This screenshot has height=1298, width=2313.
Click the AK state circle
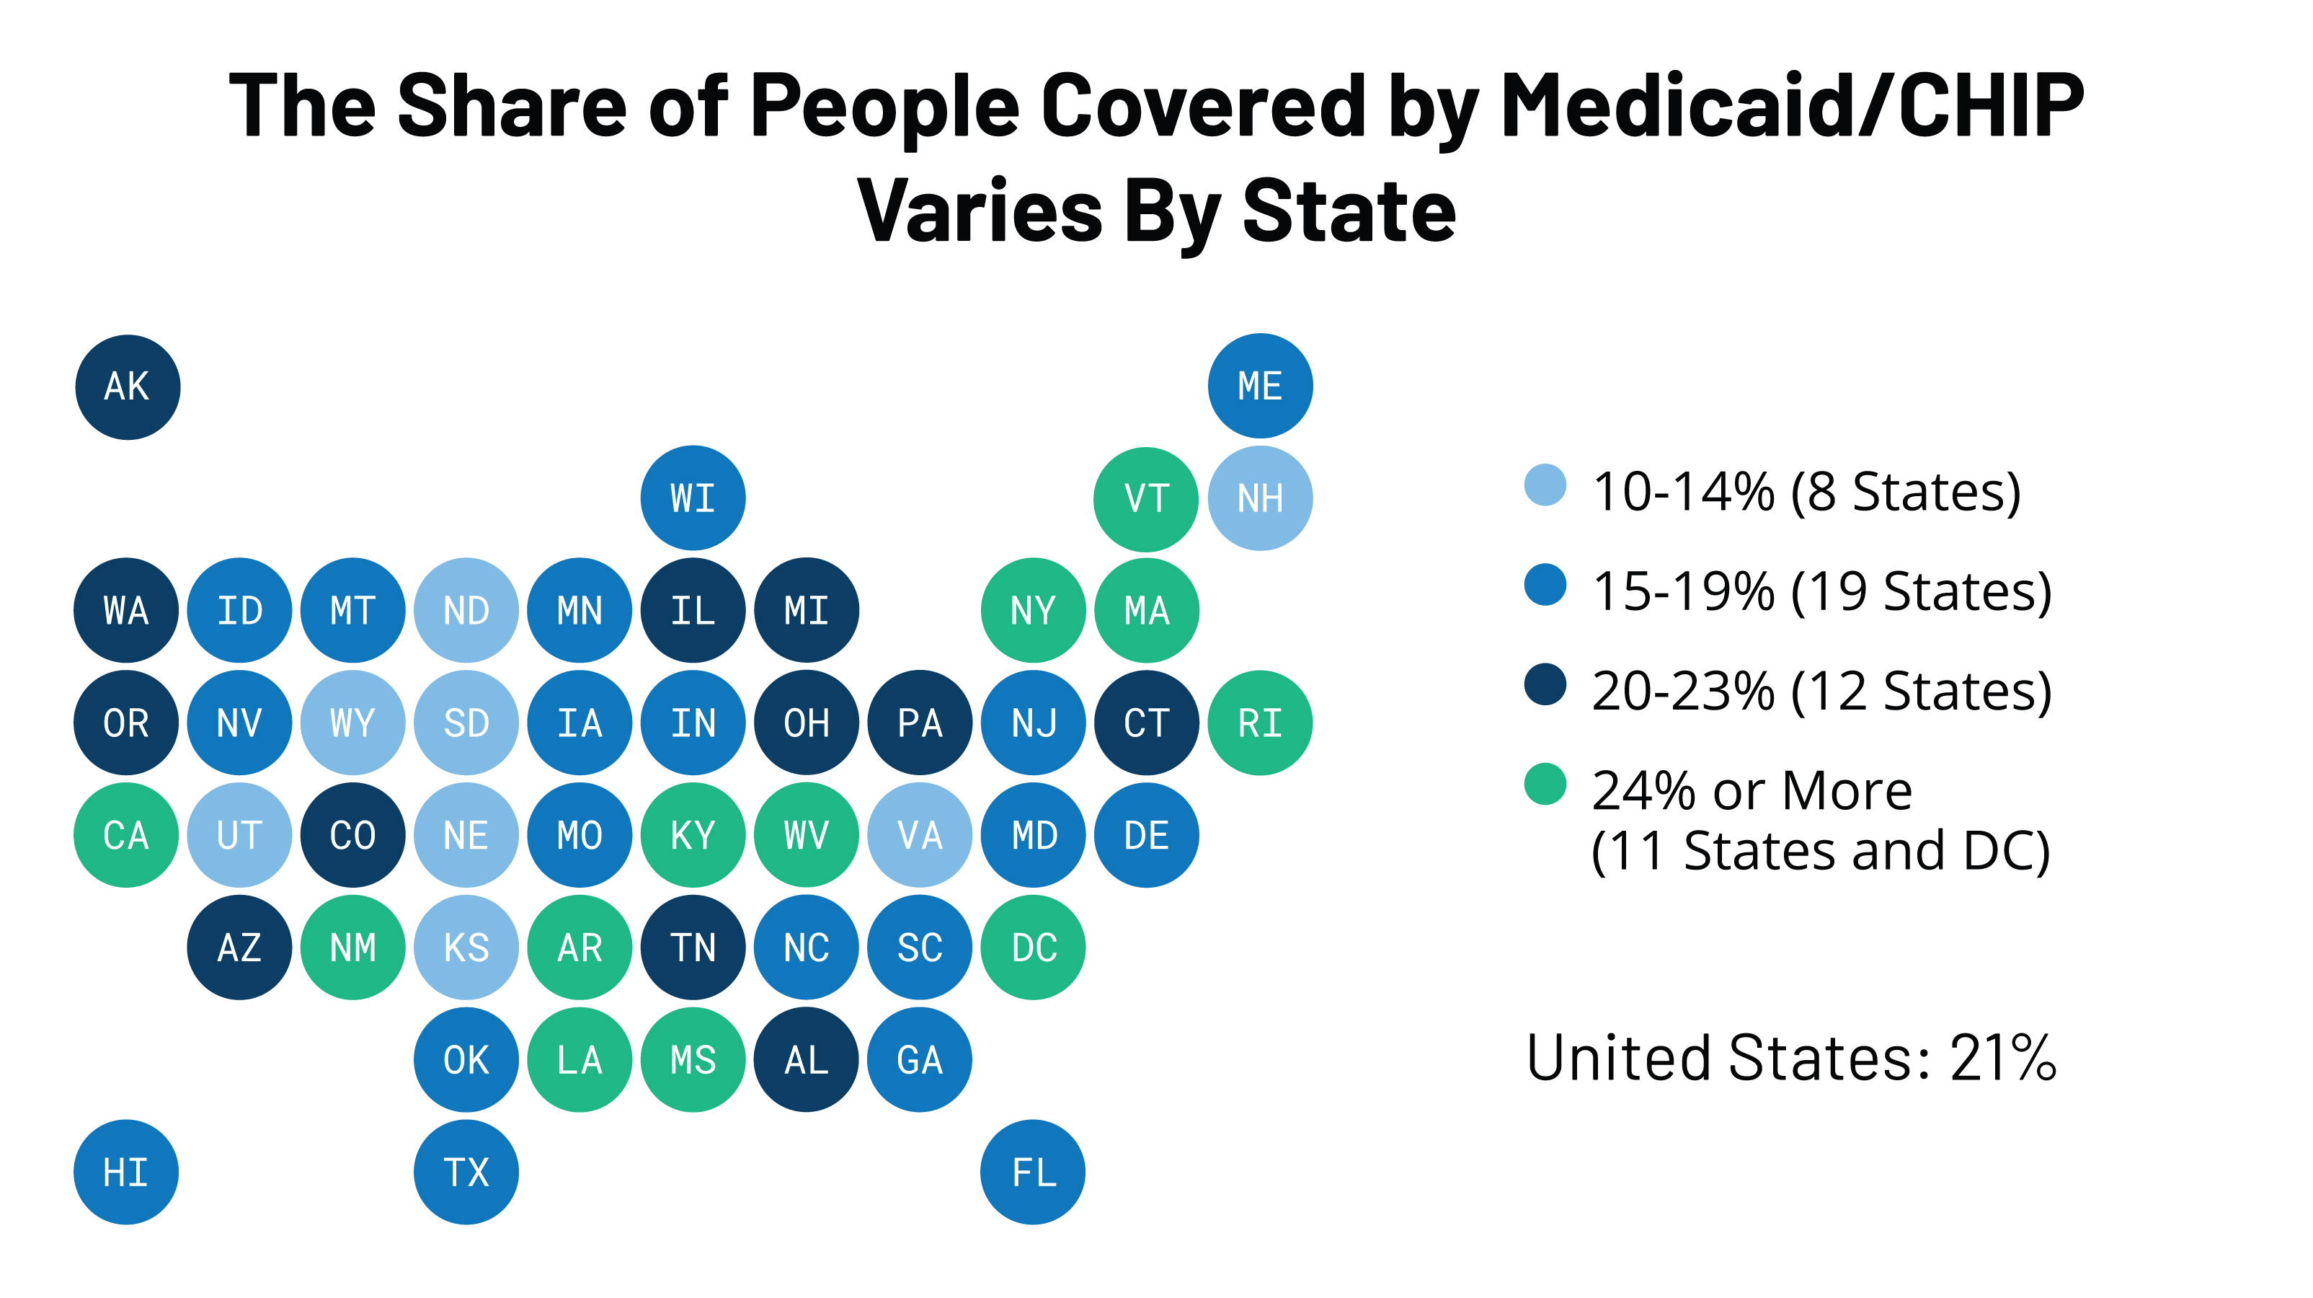tap(128, 387)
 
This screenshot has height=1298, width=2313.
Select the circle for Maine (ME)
tap(1260, 387)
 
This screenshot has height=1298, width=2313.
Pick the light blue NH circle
tap(1260, 498)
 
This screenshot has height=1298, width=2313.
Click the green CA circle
tap(125, 835)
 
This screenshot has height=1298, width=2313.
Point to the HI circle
tap(125, 1173)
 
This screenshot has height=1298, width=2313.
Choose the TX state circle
tap(466, 1173)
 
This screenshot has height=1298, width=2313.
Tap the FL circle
tap(1033, 1173)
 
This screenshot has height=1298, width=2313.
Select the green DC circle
tap(1033, 948)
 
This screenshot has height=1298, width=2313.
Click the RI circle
tap(1260, 723)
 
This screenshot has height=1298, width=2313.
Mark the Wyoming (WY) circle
tap(353, 723)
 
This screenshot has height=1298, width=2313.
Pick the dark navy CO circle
tap(353, 835)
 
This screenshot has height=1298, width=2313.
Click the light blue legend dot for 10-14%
tap(1545, 485)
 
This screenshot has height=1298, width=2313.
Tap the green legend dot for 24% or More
tap(1545, 784)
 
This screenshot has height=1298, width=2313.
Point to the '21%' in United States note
tap(2002, 1058)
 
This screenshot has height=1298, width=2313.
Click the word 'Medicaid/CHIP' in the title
tap(1792, 106)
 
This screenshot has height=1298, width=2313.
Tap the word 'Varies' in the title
tap(980, 212)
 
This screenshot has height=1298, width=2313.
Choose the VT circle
tap(1146, 498)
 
